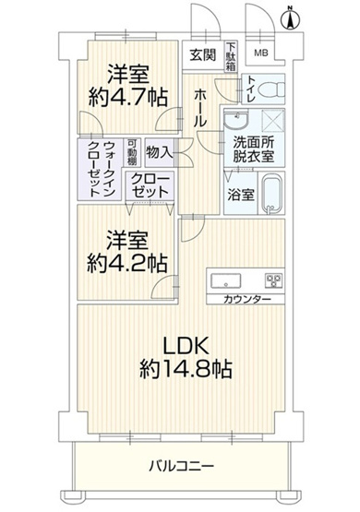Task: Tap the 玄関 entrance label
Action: point(203,54)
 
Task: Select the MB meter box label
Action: point(261,53)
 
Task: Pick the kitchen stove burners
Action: point(274,280)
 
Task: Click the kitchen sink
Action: point(225,280)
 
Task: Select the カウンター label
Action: point(246,300)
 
